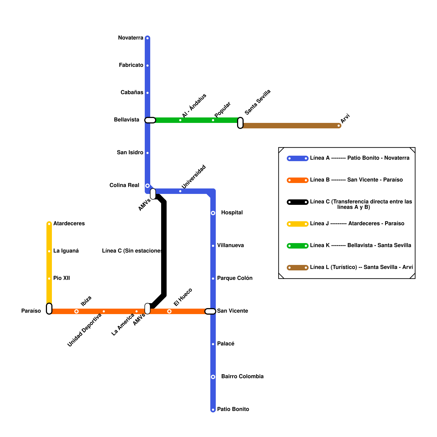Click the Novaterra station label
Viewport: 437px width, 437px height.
tap(131, 38)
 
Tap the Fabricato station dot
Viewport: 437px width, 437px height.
tap(147, 66)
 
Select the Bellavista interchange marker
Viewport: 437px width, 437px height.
tap(150, 120)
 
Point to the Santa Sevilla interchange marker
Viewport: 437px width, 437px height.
tap(240, 123)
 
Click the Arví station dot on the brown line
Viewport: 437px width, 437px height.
tap(339, 126)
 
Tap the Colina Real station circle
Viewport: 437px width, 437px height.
tap(147, 186)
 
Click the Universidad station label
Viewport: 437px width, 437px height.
tap(194, 177)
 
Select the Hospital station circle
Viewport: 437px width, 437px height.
tap(213, 213)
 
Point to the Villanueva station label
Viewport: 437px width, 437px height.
tap(230, 246)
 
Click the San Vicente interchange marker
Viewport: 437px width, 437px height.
tap(210, 311)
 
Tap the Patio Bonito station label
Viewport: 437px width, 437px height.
tap(233, 409)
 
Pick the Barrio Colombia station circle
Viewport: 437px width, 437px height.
tap(213, 377)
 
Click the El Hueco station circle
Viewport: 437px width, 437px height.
tap(169, 311)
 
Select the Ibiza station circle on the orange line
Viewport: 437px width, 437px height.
tap(76, 311)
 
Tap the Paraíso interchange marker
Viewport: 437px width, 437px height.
tap(49, 309)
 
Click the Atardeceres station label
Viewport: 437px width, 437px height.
tap(69, 224)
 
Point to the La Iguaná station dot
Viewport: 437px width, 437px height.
tap(49, 251)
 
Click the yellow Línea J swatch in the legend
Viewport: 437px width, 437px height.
tap(298, 224)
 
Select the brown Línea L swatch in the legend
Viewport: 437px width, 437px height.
tap(298, 268)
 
